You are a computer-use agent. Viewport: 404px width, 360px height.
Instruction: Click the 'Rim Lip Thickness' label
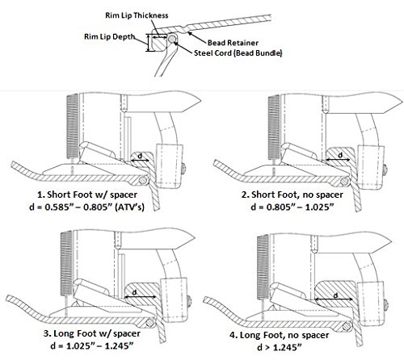[137, 15]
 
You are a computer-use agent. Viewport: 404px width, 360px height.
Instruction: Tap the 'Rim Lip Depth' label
[110, 36]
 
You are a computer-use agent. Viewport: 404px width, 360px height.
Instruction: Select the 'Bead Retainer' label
[233, 43]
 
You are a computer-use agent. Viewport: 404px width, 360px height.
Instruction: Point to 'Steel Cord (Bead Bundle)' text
[238, 53]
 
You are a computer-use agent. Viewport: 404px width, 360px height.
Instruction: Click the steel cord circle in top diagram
[171, 40]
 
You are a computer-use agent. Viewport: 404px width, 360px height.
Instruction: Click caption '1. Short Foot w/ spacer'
[87, 195]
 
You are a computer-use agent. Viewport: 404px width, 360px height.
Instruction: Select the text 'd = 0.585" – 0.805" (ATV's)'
[86, 207]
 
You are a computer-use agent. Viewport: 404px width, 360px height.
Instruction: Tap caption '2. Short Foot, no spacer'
[292, 195]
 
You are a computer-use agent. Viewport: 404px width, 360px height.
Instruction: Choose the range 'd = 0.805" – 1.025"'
[292, 207]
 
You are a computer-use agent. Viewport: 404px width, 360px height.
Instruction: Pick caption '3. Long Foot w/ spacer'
[91, 333]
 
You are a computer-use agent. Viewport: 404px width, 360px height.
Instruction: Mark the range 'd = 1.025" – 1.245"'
[91, 345]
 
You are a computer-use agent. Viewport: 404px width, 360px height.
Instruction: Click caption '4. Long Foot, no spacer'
[279, 335]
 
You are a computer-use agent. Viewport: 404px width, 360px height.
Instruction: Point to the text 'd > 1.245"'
[279, 347]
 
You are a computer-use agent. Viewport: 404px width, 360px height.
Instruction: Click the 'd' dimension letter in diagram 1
[140, 156]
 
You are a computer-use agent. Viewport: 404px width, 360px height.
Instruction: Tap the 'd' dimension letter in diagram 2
[340, 155]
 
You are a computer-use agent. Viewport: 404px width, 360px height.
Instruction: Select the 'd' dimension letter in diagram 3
[135, 292]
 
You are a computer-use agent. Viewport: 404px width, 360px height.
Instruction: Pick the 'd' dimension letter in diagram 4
[335, 295]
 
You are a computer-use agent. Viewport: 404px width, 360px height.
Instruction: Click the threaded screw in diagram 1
[72, 126]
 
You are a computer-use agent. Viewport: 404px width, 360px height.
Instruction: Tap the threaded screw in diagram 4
[263, 267]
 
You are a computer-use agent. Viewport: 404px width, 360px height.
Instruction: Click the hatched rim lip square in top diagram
[159, 43]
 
